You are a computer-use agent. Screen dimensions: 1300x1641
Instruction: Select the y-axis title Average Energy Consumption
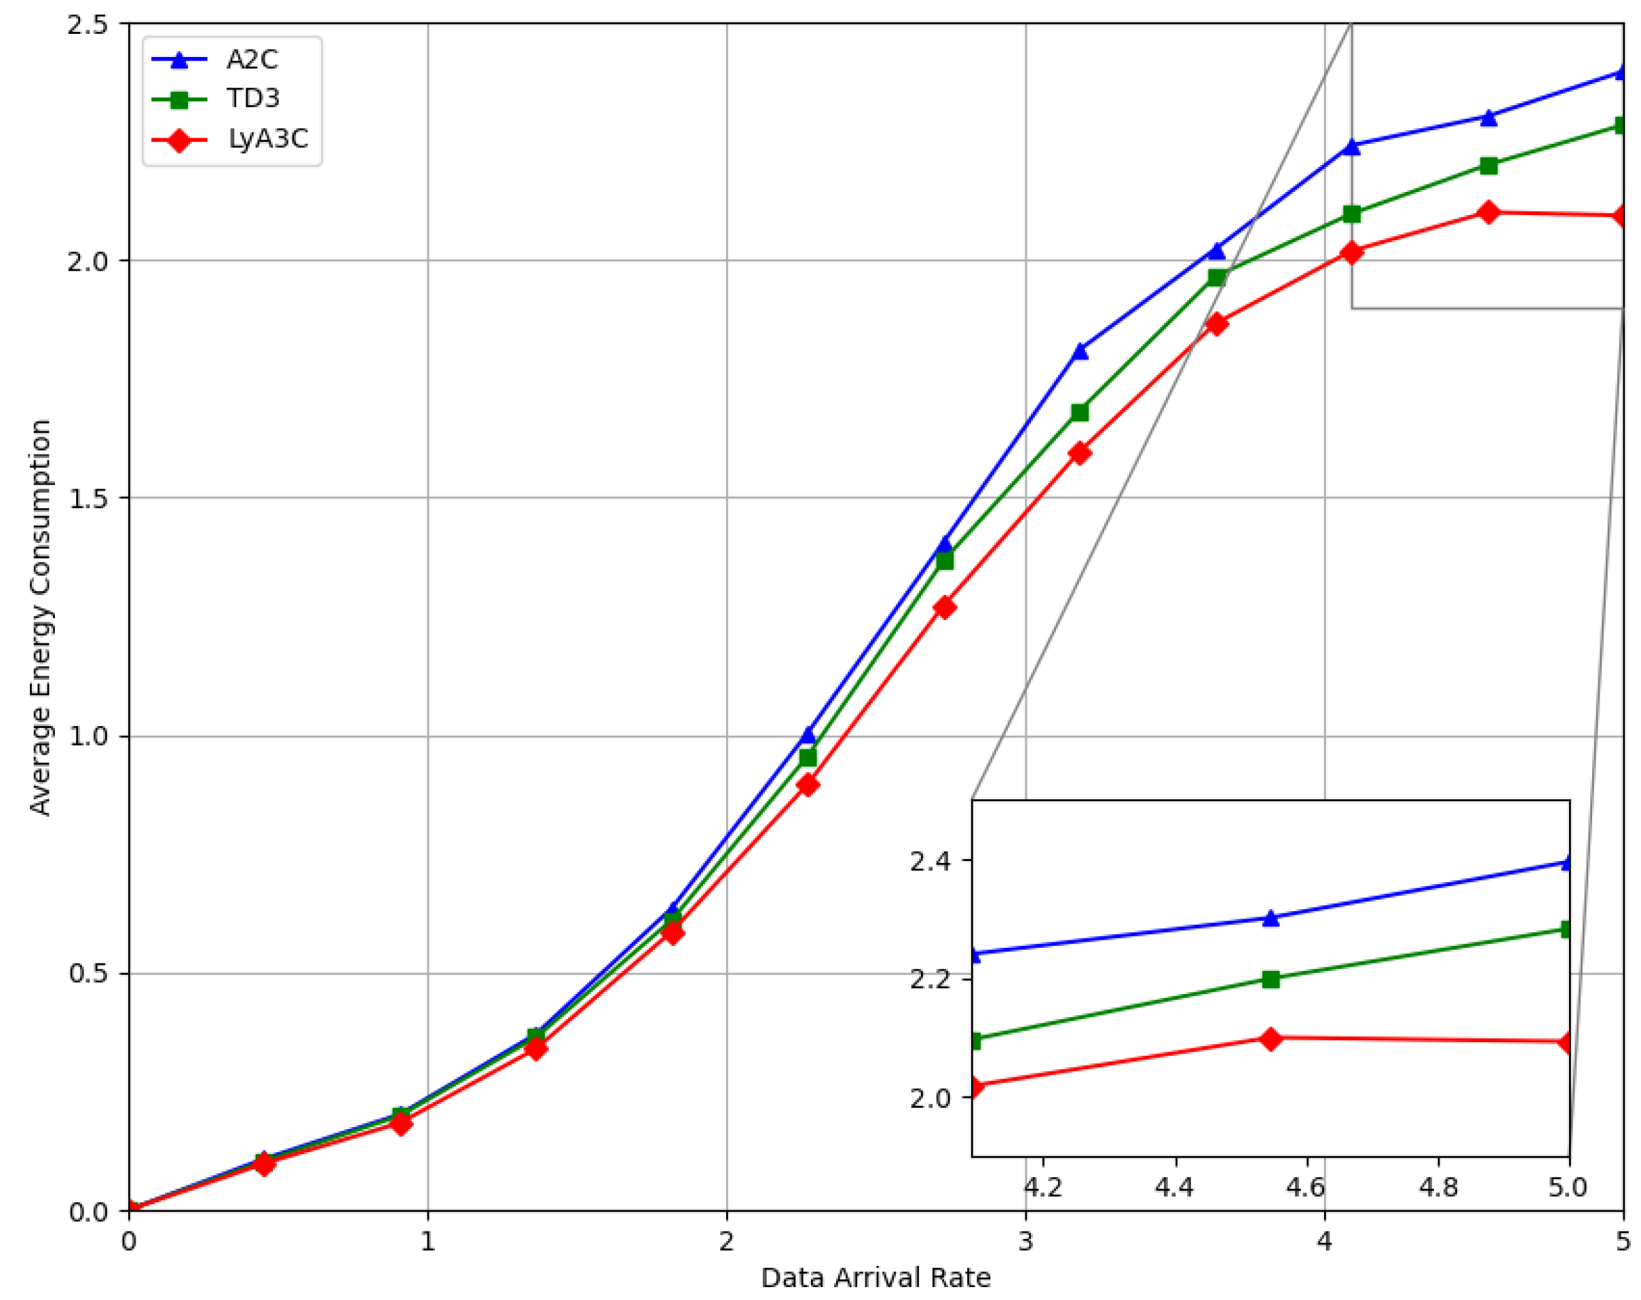tap(39, 617)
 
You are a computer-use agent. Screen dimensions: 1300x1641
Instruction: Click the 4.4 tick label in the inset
tap(1175, 1187)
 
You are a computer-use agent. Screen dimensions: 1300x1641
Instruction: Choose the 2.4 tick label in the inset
tap(930, 861)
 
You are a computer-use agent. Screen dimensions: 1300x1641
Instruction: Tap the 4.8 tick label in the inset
tap(1439, 1187)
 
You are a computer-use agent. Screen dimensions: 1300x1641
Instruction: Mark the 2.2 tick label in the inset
tap(930, 980)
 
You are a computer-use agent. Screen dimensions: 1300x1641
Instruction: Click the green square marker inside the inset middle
tap(1270, 980)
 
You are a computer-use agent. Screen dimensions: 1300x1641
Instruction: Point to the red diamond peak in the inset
tap(1270, 1039)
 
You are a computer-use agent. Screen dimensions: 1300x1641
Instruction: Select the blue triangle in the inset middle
tap(1270, 918)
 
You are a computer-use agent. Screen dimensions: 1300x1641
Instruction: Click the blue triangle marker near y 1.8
tap(1080, 351)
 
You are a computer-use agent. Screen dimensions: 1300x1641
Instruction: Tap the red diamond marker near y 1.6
tap(1079, 454)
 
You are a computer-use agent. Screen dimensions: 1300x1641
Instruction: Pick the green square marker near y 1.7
tap(1079, 413)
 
